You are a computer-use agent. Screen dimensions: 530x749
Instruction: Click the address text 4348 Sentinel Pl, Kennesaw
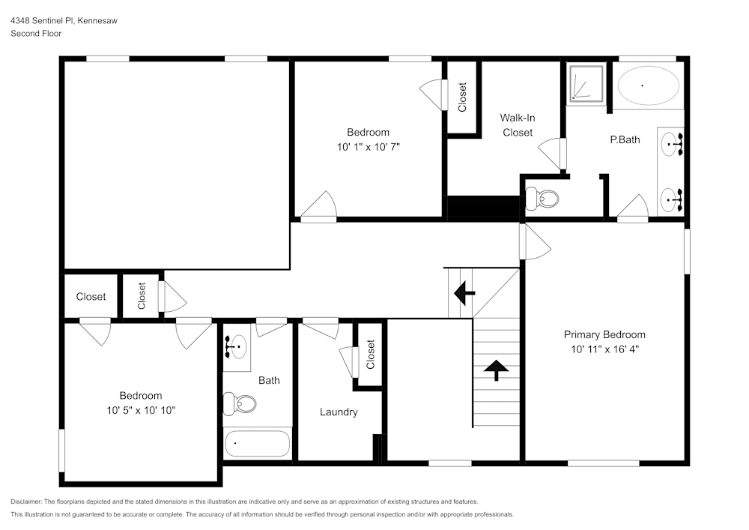coord(64,21)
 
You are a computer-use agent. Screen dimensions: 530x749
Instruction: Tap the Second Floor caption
coord(36,34)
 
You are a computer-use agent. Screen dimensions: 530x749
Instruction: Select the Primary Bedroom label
coord(604,335)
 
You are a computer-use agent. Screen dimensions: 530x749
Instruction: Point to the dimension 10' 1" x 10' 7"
coord(368,147)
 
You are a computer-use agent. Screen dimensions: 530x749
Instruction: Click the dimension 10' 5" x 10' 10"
coord(140,410)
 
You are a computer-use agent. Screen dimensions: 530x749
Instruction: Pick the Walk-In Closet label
coord(518,125)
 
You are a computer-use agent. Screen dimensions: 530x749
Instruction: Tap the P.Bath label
coord(625,139)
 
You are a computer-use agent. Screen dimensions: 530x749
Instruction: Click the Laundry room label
coord(339,412)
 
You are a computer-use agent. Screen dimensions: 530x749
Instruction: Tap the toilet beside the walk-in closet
coord(542,199)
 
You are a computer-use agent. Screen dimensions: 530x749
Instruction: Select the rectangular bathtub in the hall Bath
coord(257,443)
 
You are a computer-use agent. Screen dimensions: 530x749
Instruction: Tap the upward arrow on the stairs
coord(494,369)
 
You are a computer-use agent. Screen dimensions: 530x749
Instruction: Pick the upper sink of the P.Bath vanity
coord(672,142)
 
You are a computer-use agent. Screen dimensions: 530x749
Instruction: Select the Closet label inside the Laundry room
coord(370,355)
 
